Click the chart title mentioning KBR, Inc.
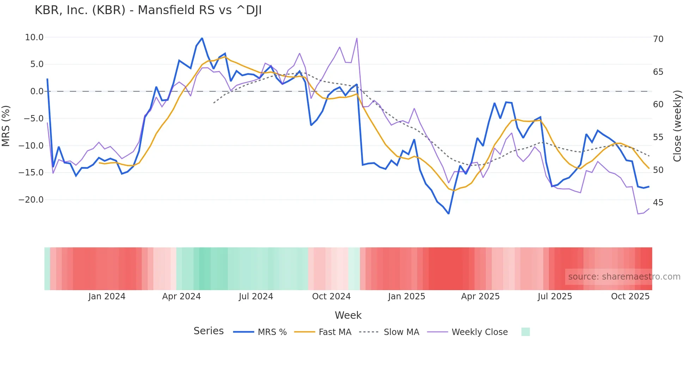pyautogui.click(x=148, y=10)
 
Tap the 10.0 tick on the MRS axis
pyautogui.click(x=34, y=37)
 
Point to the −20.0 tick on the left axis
pyautogui.click(x=31, y=200)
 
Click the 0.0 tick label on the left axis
pyautogui.click(x=37, y=91)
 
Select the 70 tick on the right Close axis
pyautogui.click(x=658, y=39)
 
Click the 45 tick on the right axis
pyautogui.click(x=658, y=203)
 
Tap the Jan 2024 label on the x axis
pyautogui.click(x=107, y=297)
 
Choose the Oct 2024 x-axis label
pyautogui.click(x=331, y=297)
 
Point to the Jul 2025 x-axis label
pyautogui.click(x=555, y=297)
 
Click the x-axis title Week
pyautogui.click(x=348, y=315)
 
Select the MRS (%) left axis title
pyautogui.click(x=6, y=126)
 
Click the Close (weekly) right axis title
pyautogui.click(x=677, y=126)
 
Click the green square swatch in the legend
pyautogui.click(x=525, y=332)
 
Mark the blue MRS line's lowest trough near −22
pyautogui.click(x=448, y=213)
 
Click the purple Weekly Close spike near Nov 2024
pyautogui.click(x=357, y=38)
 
